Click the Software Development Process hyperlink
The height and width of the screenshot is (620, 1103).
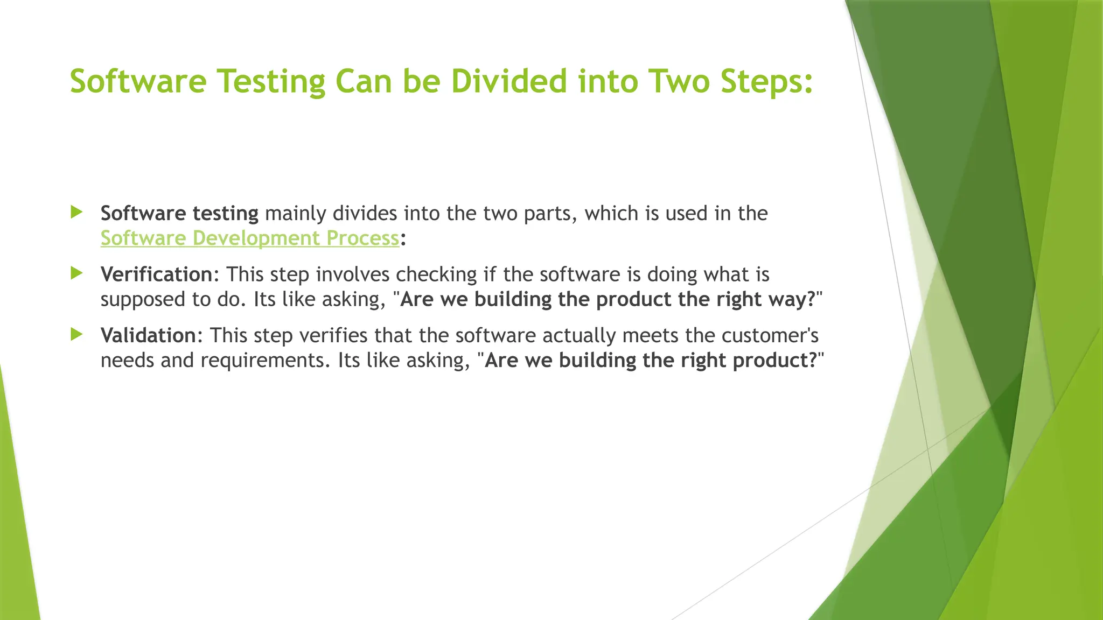tap(250, 238)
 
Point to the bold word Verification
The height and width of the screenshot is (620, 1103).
tap(157, 274)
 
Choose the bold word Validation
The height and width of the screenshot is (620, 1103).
tap(149, 335)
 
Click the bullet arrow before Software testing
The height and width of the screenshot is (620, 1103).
tap(76, 212)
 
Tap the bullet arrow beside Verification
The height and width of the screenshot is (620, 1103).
tap(76, 273)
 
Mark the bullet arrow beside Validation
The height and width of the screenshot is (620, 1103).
tap(76, 334)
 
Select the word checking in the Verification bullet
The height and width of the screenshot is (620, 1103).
tap(436, 274)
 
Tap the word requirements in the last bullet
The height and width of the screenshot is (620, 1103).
tap(264, 360)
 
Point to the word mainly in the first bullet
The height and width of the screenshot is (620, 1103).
tap(296, 214)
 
